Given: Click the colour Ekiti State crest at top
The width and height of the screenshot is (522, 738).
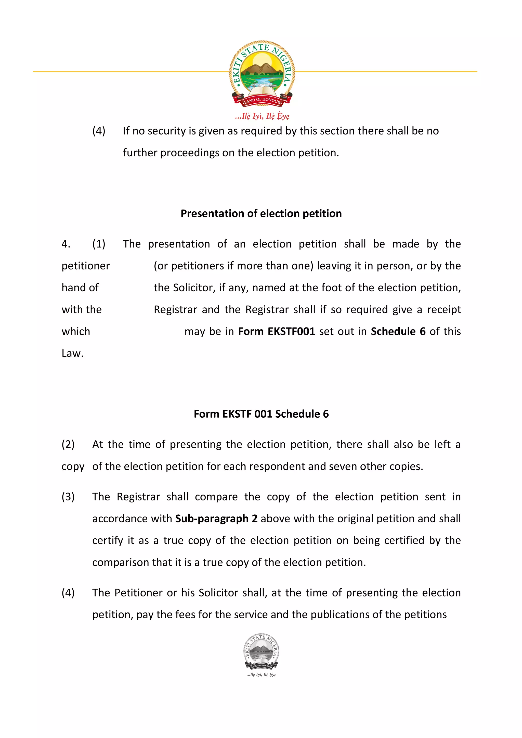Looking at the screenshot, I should [x=262, y=73].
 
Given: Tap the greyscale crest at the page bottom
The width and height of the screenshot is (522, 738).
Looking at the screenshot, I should [x=261, y=652].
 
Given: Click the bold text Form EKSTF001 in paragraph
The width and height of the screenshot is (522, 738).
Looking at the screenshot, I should [x=276, y=331].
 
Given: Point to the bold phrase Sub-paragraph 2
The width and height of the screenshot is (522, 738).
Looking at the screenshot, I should [x=216, y=519].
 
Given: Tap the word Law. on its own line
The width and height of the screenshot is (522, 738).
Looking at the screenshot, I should [x=73, y=353].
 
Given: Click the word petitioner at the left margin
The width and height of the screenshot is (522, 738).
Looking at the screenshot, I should [x=86, y=266].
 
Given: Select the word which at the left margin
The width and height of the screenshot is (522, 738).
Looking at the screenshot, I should [x=76, y=331].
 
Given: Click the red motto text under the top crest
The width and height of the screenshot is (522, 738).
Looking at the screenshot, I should [x=262, y=116].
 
